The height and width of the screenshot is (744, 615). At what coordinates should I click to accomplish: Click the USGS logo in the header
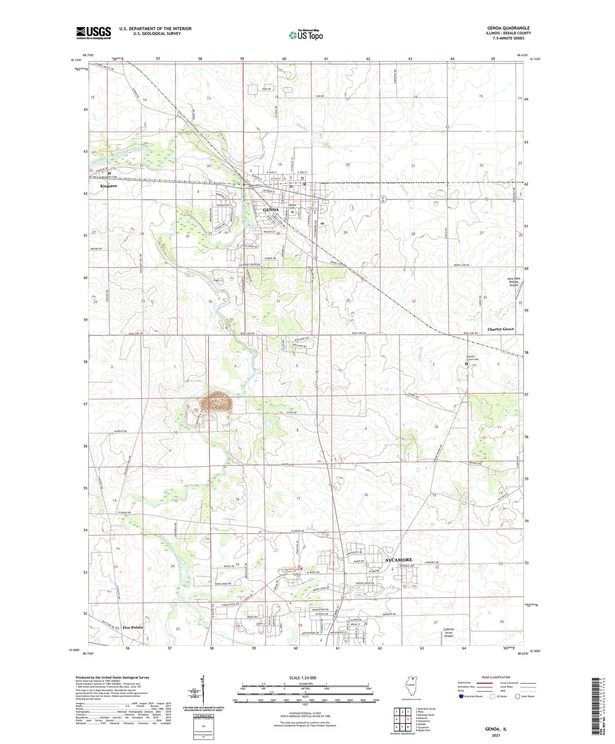(93, 33)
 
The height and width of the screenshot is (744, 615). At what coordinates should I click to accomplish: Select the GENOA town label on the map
(271, 210)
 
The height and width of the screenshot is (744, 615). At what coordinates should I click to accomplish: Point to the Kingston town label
(109, 186)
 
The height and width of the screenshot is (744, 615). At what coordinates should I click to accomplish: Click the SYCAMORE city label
(399, 560)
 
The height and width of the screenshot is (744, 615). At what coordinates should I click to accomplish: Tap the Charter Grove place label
(501, 329)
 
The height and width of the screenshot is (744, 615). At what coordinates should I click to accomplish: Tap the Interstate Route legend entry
(471, 696)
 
